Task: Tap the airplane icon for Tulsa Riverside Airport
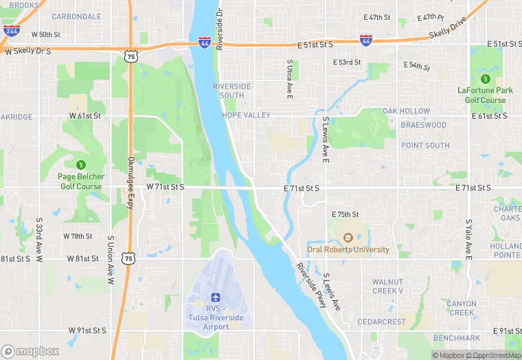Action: point(215,297)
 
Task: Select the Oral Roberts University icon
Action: point(348,238)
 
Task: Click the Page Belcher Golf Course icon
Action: point(81,164)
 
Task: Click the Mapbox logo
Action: point(30,351)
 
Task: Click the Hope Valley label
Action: point(246,115)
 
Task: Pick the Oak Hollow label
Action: point(406,111)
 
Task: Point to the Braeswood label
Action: point(423,126)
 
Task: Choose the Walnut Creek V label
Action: point(393,286)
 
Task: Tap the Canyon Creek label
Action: point(461,308)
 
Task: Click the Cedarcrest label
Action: point(386,322)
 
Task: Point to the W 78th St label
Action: point(78,236)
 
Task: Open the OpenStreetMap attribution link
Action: point(493,355)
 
